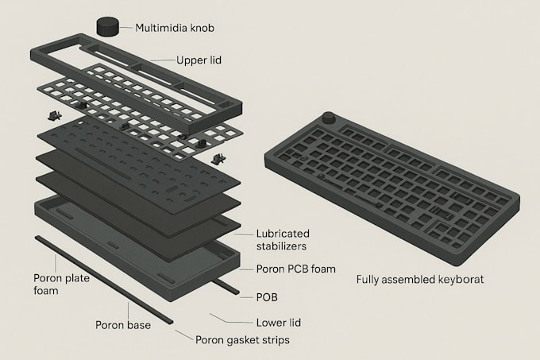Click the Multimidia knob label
pos(175,28)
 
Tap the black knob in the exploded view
pos(107,26)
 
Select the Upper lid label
pos(199,60)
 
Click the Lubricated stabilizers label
pos(283,240)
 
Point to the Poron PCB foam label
pos(296,269)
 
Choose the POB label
pos(267,297)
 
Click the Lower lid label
pos(279,323)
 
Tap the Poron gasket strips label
pos(242,340)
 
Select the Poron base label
pos(123,325)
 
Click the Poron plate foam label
pos(61,285)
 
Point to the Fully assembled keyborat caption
pos(420,279)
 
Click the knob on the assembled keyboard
pos(329,118)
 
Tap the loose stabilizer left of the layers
pos(55,116)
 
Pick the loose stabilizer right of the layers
pos(218,159)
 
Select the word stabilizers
pos(281,246)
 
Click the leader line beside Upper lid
pos(163,60)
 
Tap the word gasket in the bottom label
pos(241,340)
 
